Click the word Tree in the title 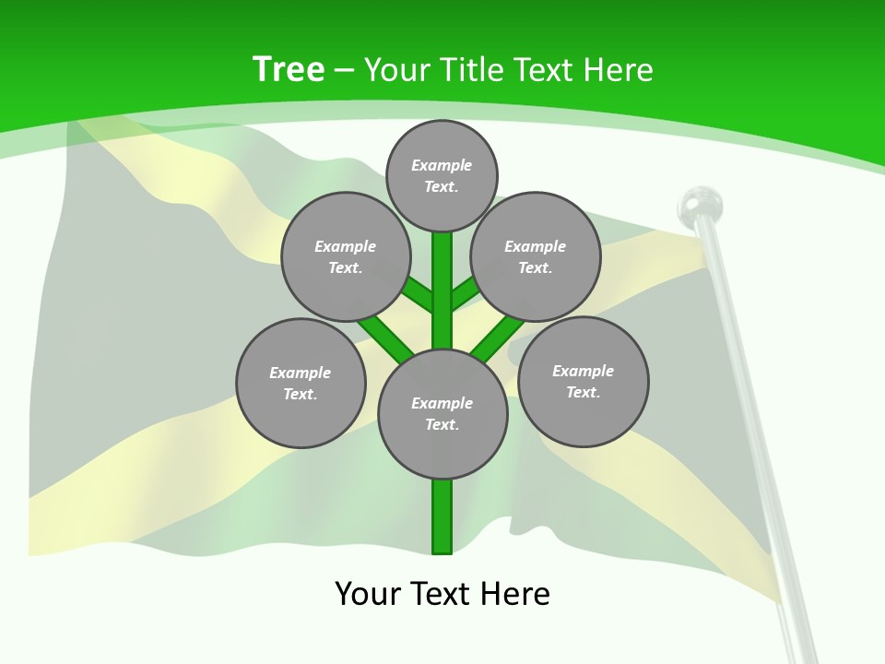(289, 70)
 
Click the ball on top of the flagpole (701, 204)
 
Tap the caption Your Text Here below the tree (442, 593)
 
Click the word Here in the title (619, 70)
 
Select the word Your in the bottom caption (368, 593)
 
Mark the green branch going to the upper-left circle (417, 295)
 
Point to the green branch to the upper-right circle (466, 292)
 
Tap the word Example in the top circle (442, 165)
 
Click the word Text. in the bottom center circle (442, 425)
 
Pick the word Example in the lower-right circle (583, 371)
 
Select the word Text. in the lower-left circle (301, 395)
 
